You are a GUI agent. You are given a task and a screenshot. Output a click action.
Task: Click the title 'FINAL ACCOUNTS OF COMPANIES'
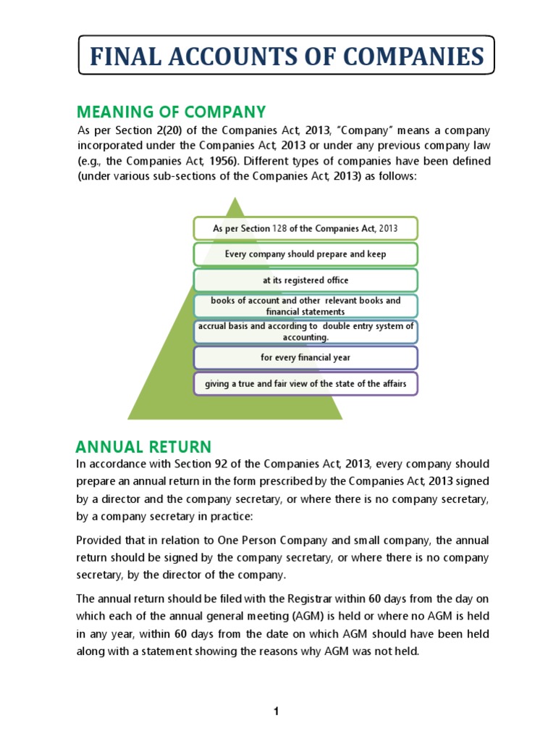coord(286,56)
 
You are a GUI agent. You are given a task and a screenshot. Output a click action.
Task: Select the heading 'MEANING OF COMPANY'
coord(172,112)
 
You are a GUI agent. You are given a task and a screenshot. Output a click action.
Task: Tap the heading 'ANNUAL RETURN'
coord(144,446)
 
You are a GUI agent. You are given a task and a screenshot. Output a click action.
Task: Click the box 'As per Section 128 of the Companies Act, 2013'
coord(305,228)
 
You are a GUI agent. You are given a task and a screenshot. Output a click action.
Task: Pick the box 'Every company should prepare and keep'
coord(305,254)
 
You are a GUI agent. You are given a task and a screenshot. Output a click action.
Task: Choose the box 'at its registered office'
coord(305,280)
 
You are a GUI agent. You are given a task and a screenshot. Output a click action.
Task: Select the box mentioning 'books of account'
coord(305,306)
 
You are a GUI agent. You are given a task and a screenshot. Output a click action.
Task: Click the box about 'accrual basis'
coord(305,332)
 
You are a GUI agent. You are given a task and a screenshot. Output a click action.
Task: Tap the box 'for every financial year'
coord(305,357)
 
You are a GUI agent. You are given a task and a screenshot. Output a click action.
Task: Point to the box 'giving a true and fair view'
coord(305,383)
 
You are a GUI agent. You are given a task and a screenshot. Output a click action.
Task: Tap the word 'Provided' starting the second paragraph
coord(98,541)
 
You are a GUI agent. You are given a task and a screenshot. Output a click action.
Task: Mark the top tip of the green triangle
coord(235,198)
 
